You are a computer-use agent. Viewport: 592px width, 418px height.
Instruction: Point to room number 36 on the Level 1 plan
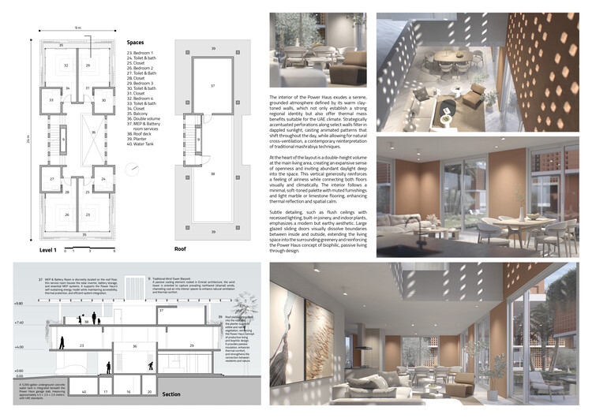92,132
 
